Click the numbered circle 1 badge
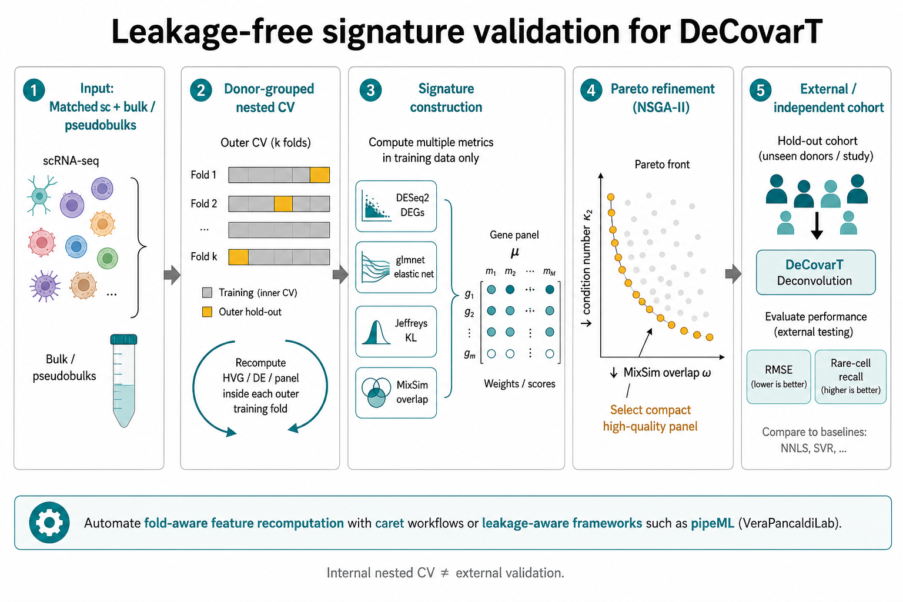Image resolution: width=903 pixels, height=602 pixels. [34, 90]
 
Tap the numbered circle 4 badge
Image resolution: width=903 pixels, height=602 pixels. [591, 90]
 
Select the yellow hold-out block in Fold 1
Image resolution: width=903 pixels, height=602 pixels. [320, 175]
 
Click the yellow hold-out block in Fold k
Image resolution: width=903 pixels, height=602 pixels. [239, 257]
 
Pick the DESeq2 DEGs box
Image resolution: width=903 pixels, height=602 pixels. [396, 206]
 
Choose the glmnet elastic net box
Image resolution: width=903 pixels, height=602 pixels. [396, 267]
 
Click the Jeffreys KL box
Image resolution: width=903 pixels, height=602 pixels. [396, 332]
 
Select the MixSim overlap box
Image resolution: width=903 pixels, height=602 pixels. [396, 393]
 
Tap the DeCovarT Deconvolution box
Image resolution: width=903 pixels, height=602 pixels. [816, 272]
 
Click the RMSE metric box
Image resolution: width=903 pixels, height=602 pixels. [778, 377]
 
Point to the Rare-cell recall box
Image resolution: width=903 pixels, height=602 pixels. [851, 377]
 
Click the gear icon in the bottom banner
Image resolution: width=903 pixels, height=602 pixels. [49, 523]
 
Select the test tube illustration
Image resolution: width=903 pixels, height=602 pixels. [124, 380]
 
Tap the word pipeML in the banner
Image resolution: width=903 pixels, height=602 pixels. [713, 523]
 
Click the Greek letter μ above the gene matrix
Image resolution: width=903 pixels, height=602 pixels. [515, 252]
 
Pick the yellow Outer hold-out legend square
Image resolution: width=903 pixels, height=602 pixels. [207, 312]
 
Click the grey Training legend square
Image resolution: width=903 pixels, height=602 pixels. [207, 292]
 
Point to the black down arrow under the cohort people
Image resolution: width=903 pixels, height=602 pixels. [817, 226]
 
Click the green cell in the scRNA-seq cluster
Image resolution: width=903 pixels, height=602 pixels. [107, 258]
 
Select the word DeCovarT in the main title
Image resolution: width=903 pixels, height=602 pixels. [750, 32]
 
